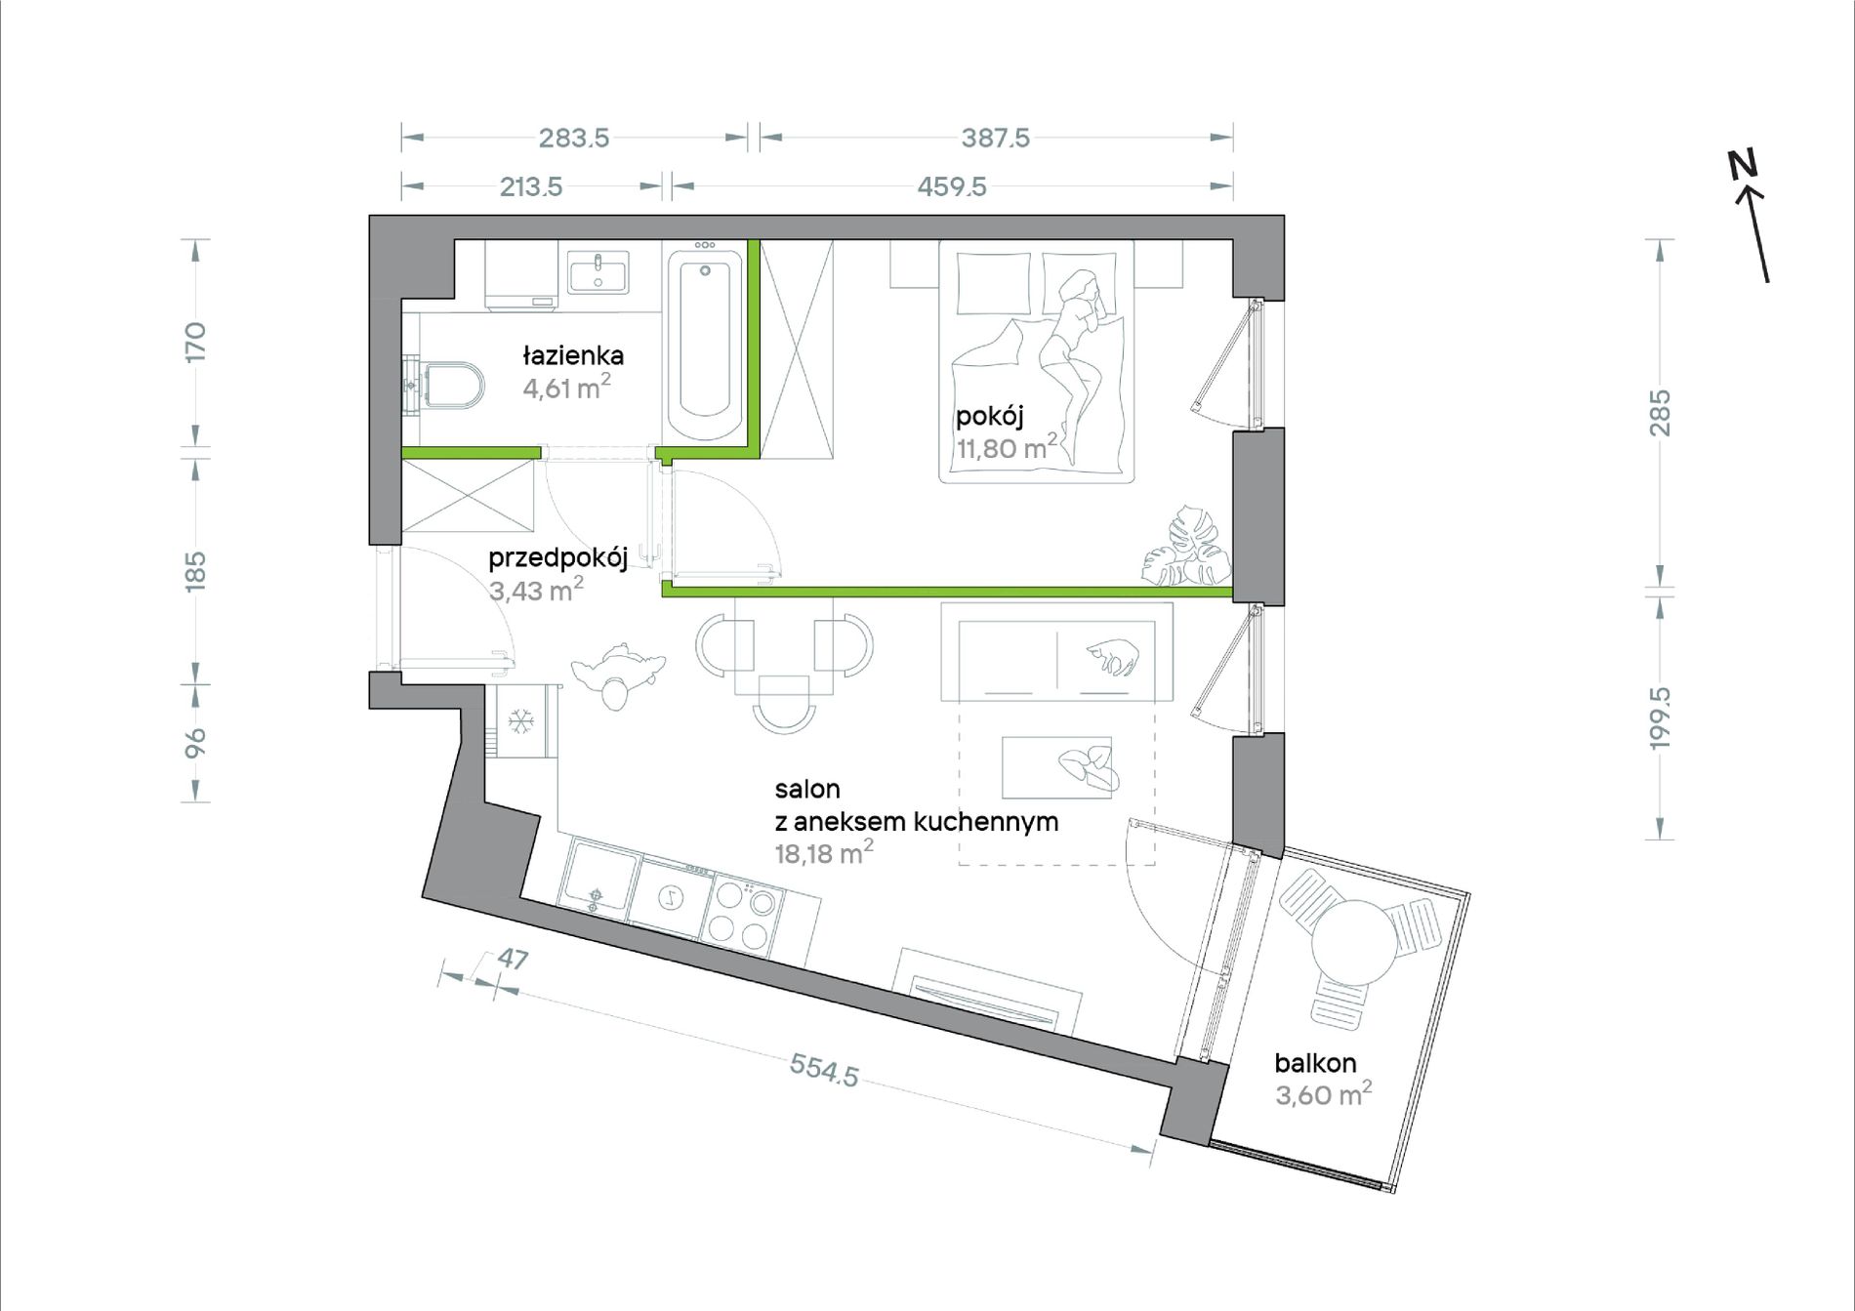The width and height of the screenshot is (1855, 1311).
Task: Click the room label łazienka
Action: [573, 355]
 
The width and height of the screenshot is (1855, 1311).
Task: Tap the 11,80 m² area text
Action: [1007, 448]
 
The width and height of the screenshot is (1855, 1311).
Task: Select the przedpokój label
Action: [557, 558]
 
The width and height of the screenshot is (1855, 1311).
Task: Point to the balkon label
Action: [1315, 1062]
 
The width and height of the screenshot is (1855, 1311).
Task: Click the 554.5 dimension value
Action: [824, 1070]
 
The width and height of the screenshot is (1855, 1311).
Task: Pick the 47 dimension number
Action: [513, 959]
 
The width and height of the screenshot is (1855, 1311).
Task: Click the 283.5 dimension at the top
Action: [574, 138]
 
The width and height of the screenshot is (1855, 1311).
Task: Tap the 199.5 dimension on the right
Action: [1660, 717]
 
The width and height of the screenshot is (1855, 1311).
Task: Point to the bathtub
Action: [704, 344]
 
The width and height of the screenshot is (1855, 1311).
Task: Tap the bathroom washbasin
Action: [598, 271]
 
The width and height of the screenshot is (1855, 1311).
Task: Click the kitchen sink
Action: [598, 879]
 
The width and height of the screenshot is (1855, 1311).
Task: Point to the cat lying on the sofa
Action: [1113, 655]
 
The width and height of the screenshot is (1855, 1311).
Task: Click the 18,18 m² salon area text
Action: [824, 853]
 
